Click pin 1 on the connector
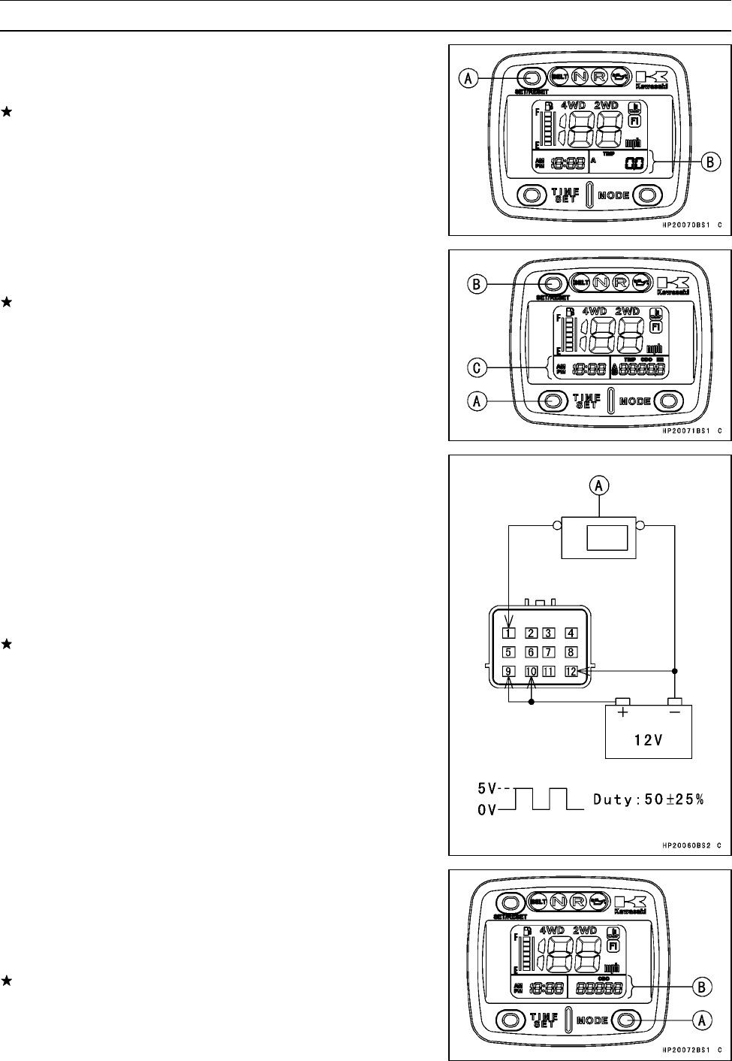coord(508,632)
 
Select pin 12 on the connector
coord(571,671)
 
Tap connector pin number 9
coord(508,671)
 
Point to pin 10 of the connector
coord(532,671)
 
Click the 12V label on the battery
coord(648,739)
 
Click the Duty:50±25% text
coord(649,800)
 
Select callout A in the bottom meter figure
coord(701,1020)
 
